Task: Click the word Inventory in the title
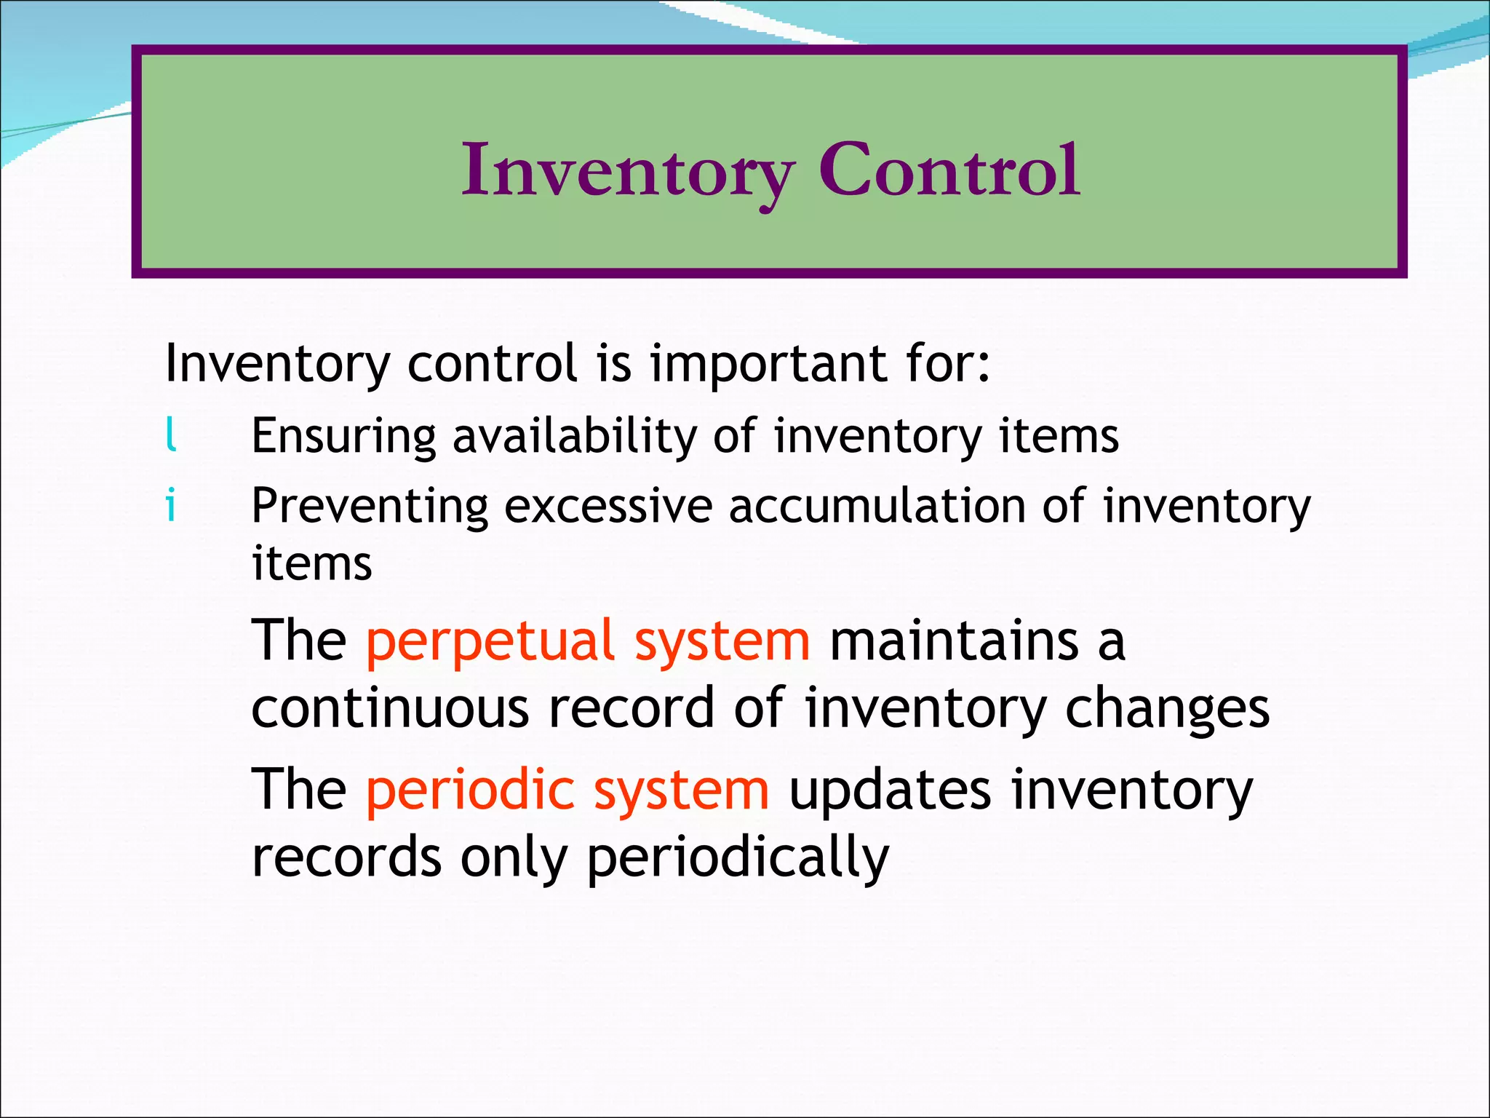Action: click(627, 171)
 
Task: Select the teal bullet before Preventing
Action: click(171, 504)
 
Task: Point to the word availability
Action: click(574, 437)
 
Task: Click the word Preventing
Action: click(370, 507)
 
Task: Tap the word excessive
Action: click(607, 507)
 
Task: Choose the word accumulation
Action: click(877, 507)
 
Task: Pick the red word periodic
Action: click(470, 790)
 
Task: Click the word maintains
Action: click(954, 641)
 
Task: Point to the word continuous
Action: click(390, 708)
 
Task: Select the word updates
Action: click(890, 790)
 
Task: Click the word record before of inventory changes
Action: click(631, 708)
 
